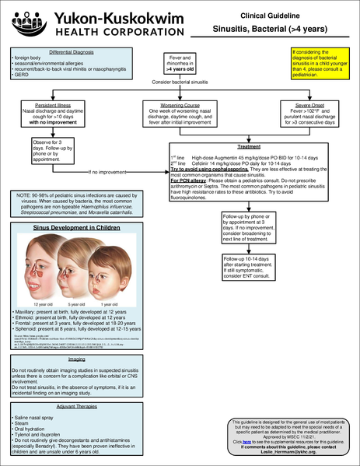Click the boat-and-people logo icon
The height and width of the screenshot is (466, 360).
[18, 22]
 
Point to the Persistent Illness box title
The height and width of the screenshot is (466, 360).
[48, 103]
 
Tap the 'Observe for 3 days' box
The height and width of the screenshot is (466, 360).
[48, 149]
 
